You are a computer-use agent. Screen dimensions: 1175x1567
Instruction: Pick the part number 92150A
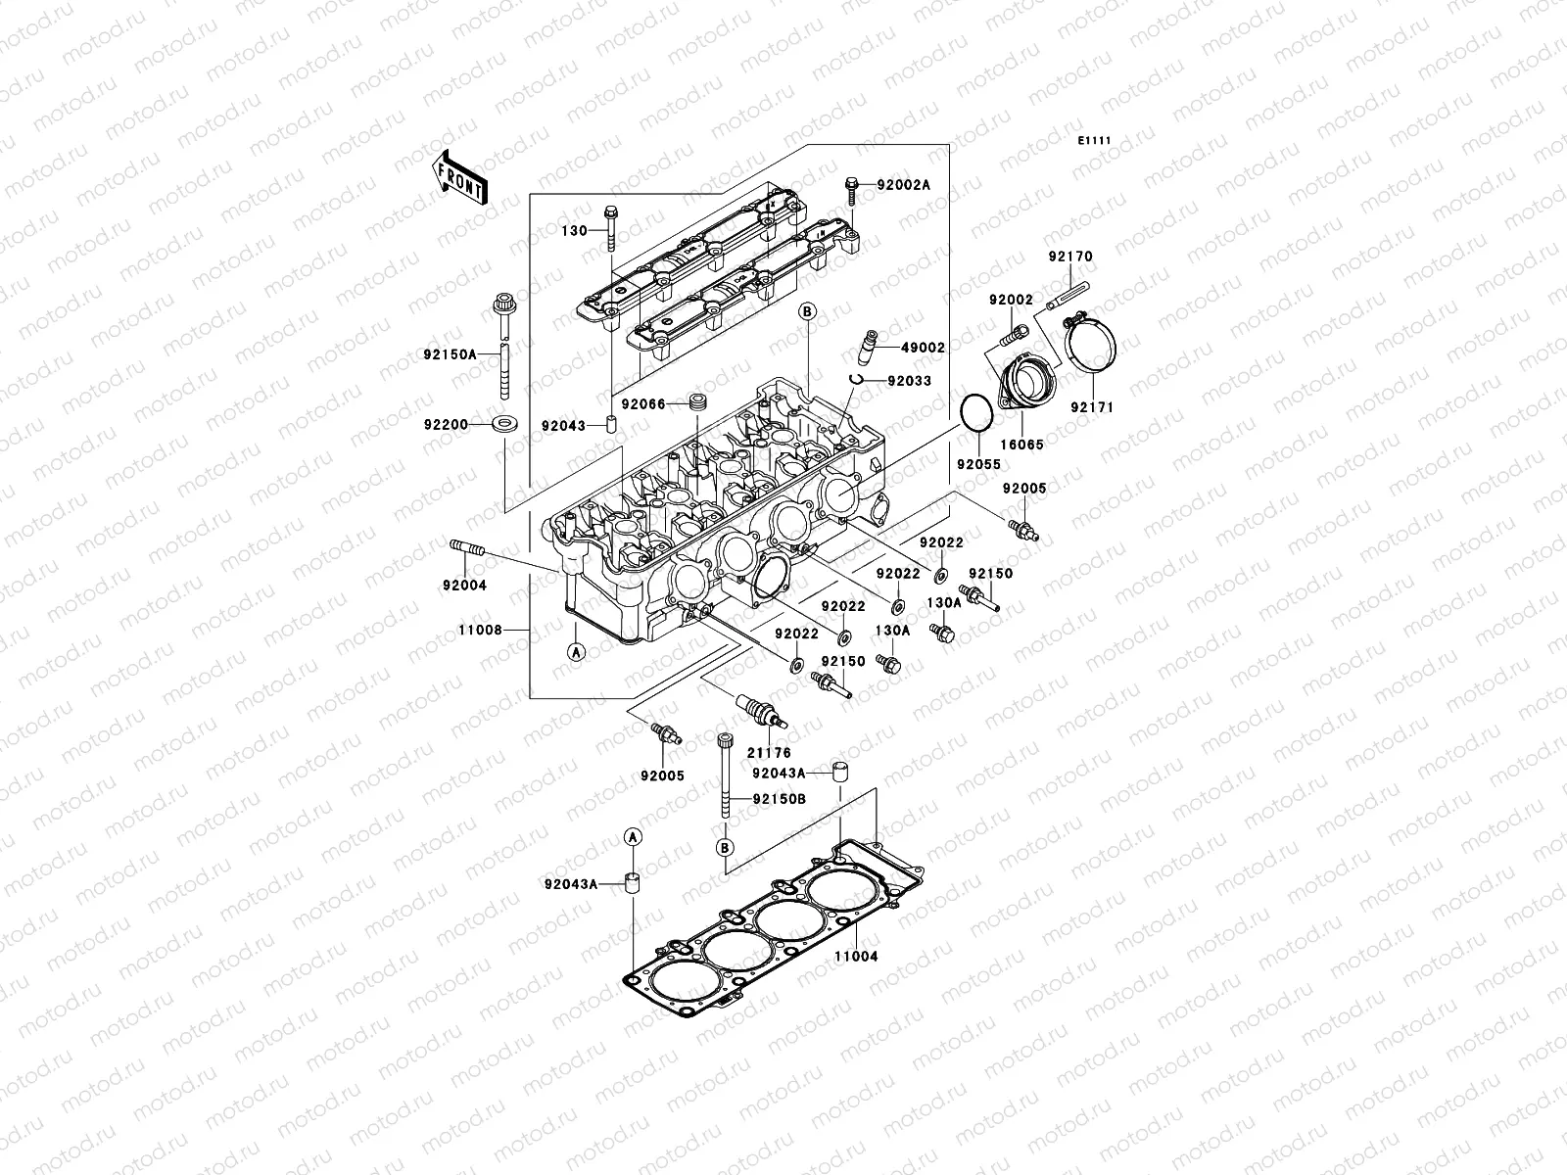[450, 354]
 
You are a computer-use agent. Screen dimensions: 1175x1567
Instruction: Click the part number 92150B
[779, 799]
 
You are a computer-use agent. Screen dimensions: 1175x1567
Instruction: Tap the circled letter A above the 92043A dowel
[633, 835]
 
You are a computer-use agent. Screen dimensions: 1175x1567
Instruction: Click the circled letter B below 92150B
[725, 846]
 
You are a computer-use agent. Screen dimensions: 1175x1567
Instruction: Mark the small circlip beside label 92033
[855, 380]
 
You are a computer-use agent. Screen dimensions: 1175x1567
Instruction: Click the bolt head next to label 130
[611, 211]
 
